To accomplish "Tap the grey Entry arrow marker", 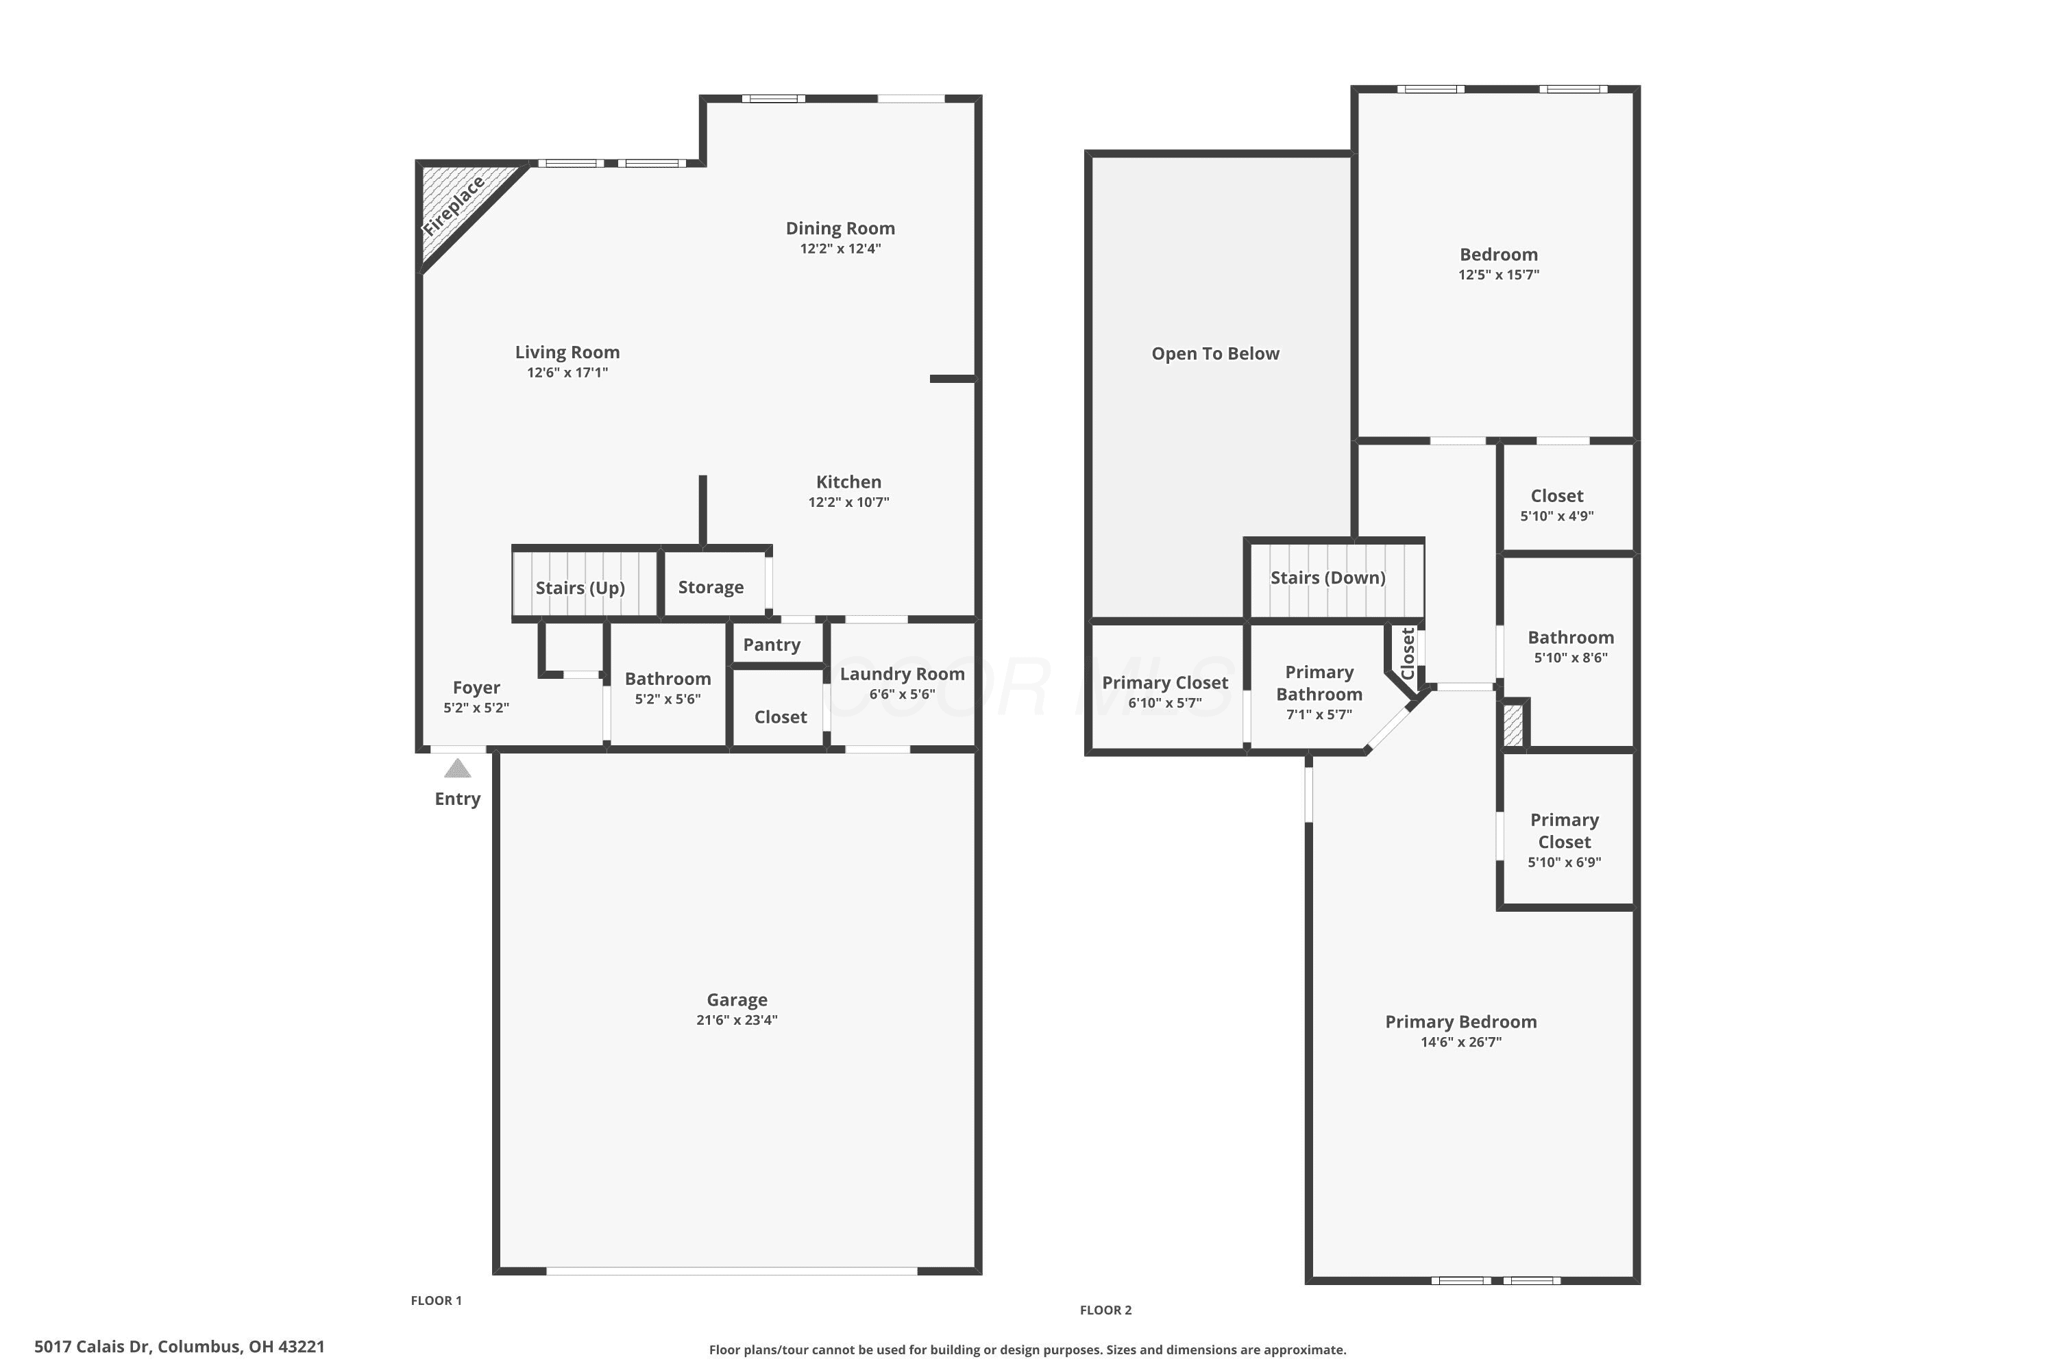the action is (x=457, y=768).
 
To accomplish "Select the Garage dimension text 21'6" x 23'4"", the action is (x=737, y=1020).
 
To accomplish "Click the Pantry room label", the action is (x=772, y=645).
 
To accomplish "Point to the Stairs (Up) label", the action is (x=580, y=588).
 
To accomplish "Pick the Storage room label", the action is (x=711, y=587).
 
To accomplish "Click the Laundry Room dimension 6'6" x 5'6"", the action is (x=902, y=695).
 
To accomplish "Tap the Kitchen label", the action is (x=849, y=482).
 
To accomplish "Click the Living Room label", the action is (x=567, y=352).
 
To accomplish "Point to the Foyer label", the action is (x=476, y=688).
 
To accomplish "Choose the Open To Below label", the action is (x=1215, y=354).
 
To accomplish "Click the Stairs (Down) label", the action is (x=1328, y=577).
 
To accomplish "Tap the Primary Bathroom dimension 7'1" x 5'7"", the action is (x=1319, y=714).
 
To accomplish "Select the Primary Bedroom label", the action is (x=1460, y=1022).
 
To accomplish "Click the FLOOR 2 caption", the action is (x=1106, y=1310).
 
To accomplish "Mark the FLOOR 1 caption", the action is (x=436, y=1300).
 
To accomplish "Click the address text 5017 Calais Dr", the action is (x=92, y=1347).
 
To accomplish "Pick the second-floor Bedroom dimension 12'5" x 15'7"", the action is (x=1498, y=275).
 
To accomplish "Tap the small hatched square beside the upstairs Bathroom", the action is (x=1513, y=724).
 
